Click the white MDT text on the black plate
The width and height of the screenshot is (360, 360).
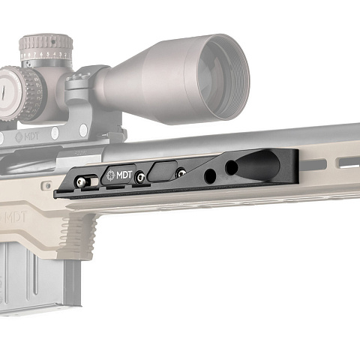point(124,175)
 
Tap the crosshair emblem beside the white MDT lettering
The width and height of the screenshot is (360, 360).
point(111,175)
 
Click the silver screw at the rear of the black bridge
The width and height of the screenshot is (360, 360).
point(82,181)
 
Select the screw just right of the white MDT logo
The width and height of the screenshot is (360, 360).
point(140,177)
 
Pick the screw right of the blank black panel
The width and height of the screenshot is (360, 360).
point(181,172)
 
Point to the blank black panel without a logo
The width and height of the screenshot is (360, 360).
point(163,171)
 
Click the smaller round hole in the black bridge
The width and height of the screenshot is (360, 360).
point(210,176)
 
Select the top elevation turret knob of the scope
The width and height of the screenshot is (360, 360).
point(46,47)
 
